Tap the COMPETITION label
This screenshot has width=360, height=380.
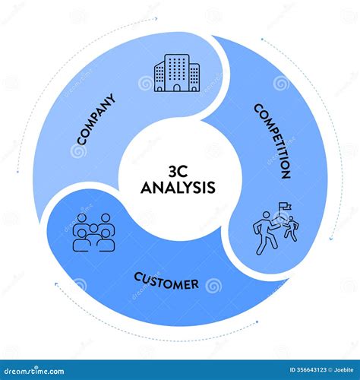[271, 141]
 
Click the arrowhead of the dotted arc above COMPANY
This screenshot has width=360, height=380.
[157, 17]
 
